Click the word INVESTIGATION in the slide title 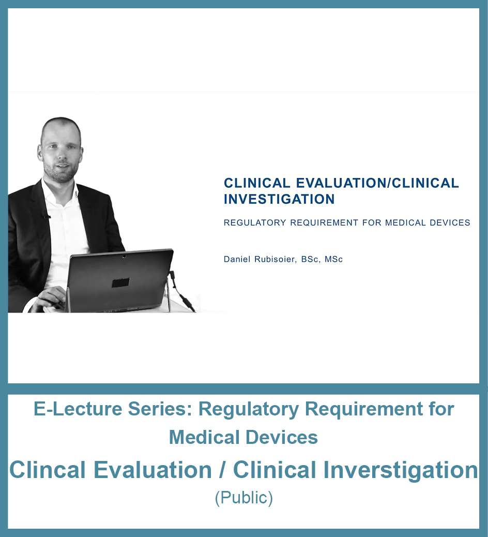tap(279, 199)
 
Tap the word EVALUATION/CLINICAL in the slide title tap(377, 183)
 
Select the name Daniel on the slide tap(237, 259)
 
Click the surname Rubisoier tap(274, 259)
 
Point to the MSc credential tap(333, 259)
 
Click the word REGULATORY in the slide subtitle tap(255, 222)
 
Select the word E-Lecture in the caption tap(78, 409)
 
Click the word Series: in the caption tap(160, 409)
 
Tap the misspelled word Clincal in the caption tap(48, 470)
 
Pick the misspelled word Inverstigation tap(401, 470)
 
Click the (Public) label tap(243, 498)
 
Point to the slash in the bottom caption tap(222, 470)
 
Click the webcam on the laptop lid tap(124, 256)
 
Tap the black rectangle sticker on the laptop tap(120, 283)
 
